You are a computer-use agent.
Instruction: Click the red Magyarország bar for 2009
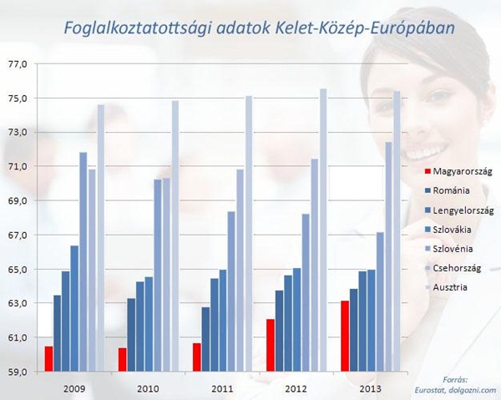tap(49, 359)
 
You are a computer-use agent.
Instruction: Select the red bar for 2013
tap(345, 336)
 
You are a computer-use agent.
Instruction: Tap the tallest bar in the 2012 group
tap(323, 230)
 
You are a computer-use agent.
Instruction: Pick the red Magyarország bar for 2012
tap(271, 346)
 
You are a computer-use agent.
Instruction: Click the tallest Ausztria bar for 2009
tap(101, 238)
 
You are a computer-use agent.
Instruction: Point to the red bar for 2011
tap(197, 357)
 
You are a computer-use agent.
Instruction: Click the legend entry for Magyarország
tap(458, 171)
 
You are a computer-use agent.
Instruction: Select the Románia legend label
tap(451, 190)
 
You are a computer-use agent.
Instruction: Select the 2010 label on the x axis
tap(148, 389)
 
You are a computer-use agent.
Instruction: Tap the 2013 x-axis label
tap(370, 389)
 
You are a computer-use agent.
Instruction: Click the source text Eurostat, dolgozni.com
tap(455, 390)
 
